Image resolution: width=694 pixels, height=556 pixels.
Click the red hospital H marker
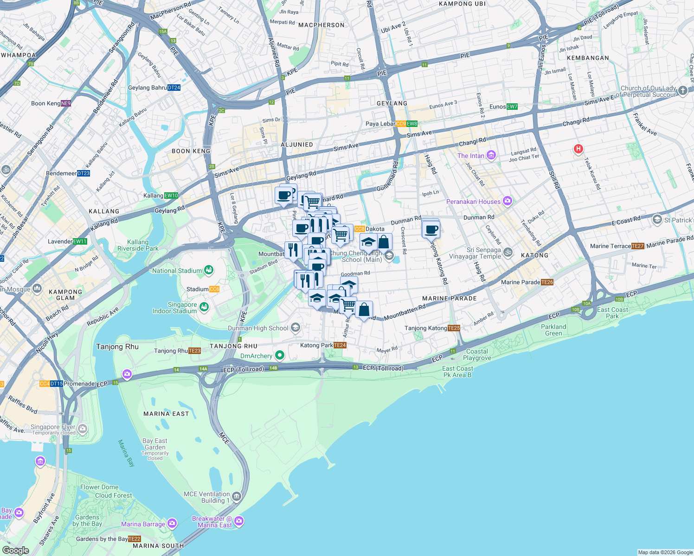click(578, 149)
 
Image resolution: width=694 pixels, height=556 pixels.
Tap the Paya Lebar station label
click(380, 124)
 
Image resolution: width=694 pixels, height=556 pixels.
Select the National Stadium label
click(177, 271)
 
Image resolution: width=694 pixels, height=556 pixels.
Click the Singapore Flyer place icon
click(83, 429)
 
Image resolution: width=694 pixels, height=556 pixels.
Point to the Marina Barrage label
click(143, 524)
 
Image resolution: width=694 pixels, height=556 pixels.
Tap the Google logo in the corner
click(15, 550)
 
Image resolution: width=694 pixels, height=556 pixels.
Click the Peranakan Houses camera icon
click(508, 201)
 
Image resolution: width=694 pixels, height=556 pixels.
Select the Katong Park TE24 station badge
click(340, 345)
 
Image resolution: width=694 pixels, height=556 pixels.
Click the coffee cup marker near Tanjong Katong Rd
click(431, 229)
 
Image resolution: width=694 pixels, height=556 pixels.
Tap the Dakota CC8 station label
click(369, 229)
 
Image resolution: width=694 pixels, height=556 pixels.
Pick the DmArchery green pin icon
click(279, 355)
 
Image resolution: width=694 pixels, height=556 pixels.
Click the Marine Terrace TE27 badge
click(638, 246)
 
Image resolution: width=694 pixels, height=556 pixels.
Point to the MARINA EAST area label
click(166, 414)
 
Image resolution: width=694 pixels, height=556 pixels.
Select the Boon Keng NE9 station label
click(51, 103)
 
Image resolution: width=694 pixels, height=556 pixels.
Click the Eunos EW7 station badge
click(512, 107)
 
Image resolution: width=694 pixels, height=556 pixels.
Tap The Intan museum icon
click(491, 156)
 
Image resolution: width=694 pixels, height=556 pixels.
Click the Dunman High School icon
click(296, 328)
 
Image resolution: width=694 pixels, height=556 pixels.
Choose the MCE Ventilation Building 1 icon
click(237, 497)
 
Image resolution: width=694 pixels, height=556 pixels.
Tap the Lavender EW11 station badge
click(80, 241)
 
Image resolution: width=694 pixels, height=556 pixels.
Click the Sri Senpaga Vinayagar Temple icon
click(508, 253)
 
